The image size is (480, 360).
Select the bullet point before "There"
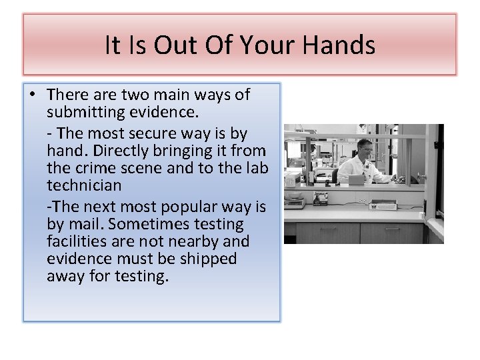[x=33, y=95]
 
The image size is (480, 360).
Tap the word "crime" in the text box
[x=92, y=168]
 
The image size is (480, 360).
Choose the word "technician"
[x=84, y=185]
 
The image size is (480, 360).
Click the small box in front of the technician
[x=356, y=179]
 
